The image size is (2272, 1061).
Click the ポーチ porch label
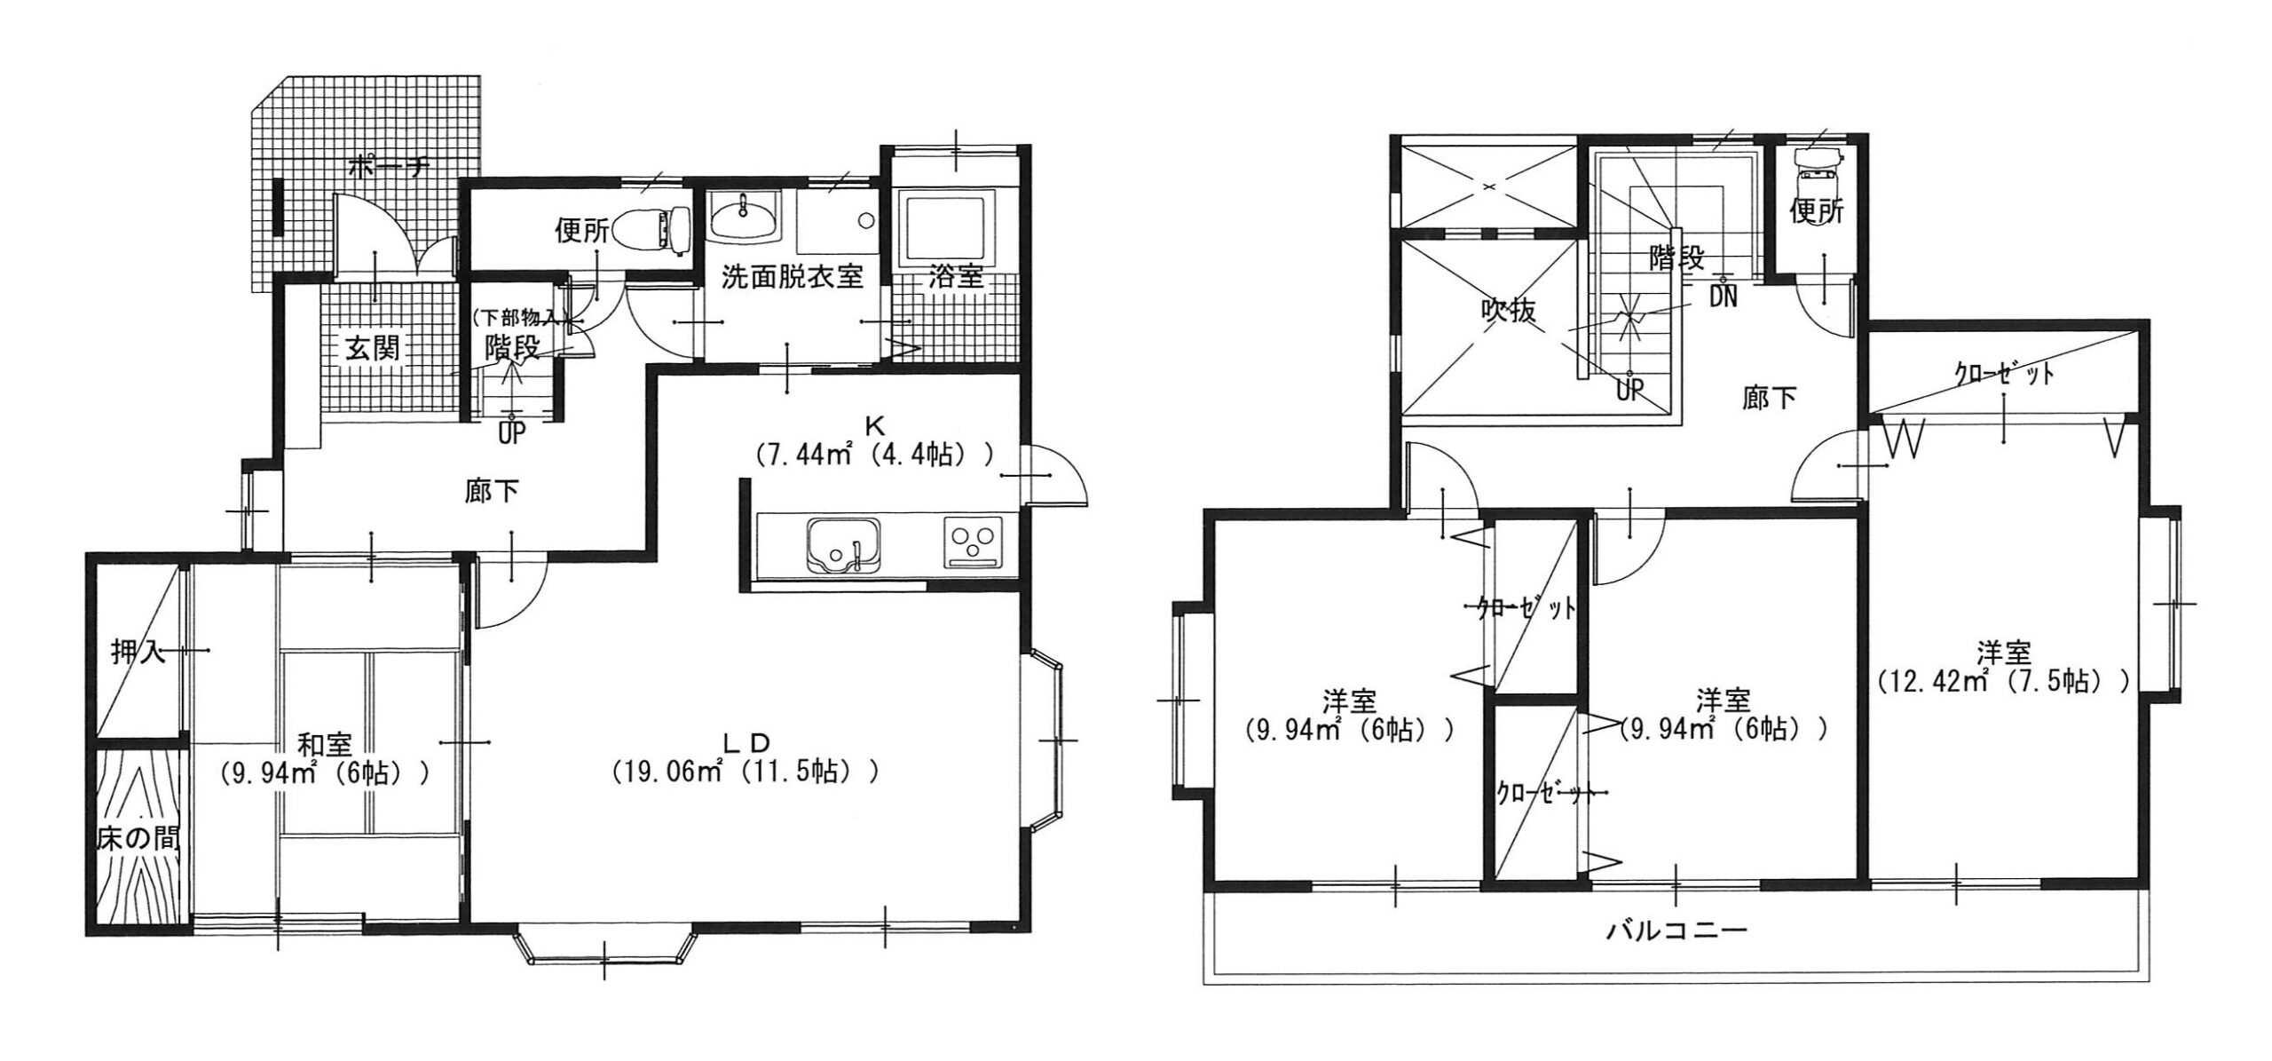[x=391, y=166]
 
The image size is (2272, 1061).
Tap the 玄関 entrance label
[x=372, y=348]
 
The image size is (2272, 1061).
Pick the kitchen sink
[x=843, y=544]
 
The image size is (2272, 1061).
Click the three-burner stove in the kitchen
[x=974, y=541]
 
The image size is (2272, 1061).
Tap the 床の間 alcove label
[x=138, y=838]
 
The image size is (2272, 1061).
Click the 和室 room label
[x=324, y=744]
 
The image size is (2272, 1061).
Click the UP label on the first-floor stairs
[x=512, y=434]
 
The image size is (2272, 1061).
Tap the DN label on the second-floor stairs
[x=1724, y=296]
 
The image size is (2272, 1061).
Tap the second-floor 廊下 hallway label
[x=1769, y=399]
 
